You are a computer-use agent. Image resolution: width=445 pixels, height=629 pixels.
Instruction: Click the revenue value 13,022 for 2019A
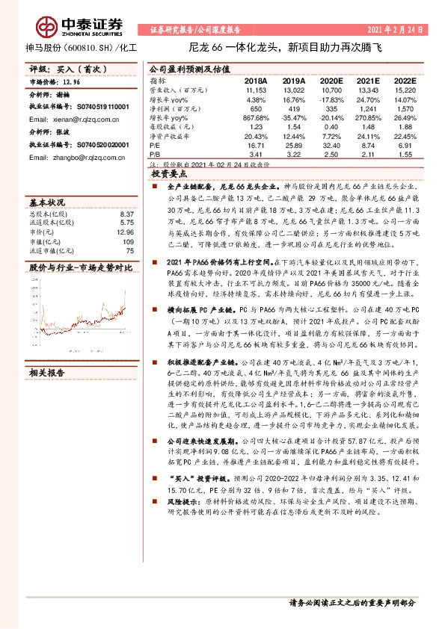(x=293, y=89)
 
